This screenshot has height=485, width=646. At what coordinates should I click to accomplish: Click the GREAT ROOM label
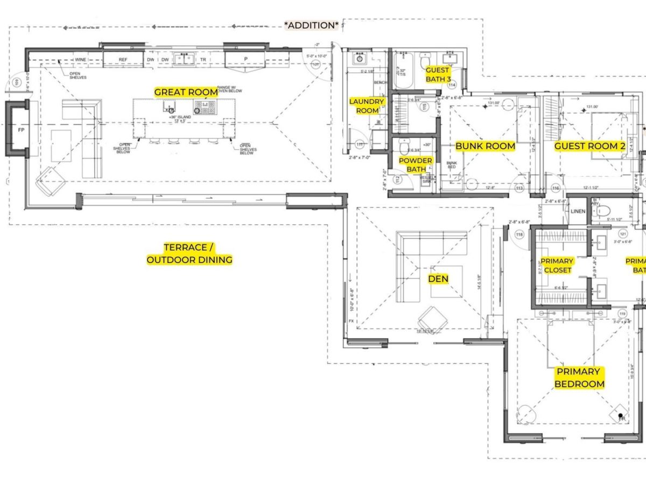point(186,92)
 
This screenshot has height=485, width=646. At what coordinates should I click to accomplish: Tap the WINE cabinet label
point(81,60)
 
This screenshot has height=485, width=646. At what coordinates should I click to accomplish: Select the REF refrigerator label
point(123,60)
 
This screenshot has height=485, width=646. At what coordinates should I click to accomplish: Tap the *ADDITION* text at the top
point(312,25)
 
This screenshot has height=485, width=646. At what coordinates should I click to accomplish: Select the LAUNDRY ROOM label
point(367,106)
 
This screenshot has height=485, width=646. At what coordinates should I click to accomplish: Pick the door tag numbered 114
point(451,85)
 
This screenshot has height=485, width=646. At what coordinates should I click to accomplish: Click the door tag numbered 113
point(519,188)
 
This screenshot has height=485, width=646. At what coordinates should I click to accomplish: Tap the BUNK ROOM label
point(485,146)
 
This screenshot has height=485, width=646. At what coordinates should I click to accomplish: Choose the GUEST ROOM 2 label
point(589,146)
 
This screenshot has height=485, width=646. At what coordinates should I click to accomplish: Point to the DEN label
point(438,278)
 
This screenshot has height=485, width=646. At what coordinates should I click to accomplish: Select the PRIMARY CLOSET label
point(557,265)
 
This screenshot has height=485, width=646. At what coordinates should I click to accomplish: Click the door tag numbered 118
point(519,234)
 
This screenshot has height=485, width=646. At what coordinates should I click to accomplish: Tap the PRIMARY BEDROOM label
point(578,378)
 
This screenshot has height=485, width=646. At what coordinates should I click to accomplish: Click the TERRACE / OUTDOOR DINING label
point(189,253)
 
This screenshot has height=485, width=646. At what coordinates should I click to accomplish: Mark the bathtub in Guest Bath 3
point(403,72)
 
